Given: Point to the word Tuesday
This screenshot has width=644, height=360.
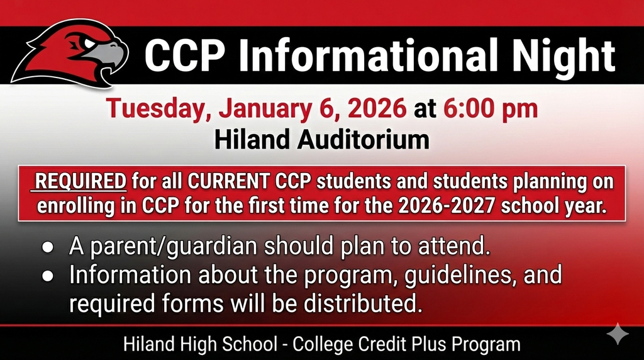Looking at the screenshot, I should pos(157,108).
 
